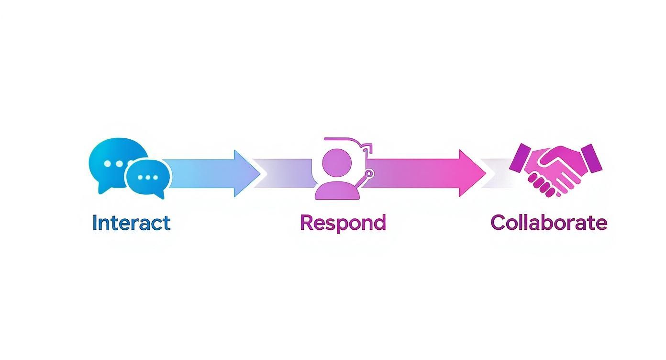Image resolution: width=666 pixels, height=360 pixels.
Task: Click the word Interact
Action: click(131, 223)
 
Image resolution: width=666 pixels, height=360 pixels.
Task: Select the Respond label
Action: click(343, 223)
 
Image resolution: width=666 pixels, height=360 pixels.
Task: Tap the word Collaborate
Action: click(549, 223)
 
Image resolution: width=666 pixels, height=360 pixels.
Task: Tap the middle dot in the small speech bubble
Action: click(148, 178)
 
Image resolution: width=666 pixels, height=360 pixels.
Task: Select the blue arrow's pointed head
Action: click(246, 173)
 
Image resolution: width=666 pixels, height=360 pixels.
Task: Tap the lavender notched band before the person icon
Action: click(282, 173)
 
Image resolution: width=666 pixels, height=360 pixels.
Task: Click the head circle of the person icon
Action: click(337, 162)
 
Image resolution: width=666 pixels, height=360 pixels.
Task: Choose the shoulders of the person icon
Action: click(337, 191)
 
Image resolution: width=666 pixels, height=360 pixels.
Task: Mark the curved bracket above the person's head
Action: click(344, 140)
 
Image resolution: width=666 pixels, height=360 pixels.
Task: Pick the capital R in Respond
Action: click(307, 223)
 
